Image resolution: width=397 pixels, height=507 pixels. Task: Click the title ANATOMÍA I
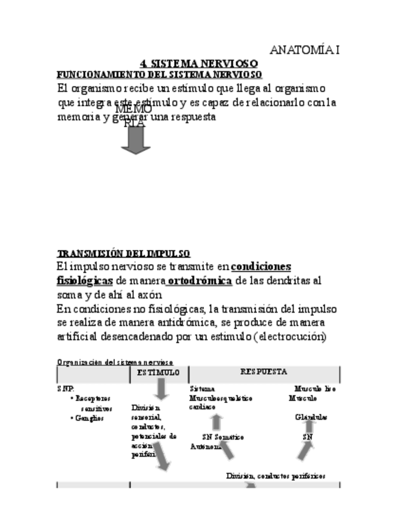tap(304, 50)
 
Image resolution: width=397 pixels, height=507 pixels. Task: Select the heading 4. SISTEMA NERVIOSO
tap(199, 63)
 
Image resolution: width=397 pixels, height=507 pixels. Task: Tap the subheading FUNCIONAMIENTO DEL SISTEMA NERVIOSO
tap(159, 74)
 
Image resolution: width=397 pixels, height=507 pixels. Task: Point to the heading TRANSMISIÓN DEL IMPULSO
tap(124, 253)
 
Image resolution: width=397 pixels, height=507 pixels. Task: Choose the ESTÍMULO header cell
tap(158, 372)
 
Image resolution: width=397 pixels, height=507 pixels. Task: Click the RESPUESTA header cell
tap(264, 372)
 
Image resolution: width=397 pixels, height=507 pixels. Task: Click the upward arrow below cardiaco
tap(216, 422)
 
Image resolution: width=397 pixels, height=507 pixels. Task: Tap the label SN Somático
tap(223, 438)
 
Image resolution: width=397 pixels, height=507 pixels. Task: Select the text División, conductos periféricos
tap(276, 477)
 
